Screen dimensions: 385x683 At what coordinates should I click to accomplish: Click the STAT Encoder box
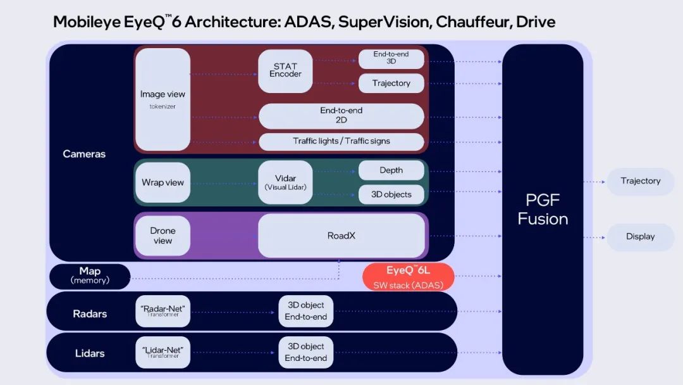click(285, 70)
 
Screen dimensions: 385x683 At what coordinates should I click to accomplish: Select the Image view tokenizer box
click(163, 99)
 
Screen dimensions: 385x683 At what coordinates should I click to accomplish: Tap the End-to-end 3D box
click(391, 58)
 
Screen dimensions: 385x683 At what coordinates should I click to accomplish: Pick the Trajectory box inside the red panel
click(391, 83)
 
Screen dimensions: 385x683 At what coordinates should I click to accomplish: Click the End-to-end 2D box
click(341, 115)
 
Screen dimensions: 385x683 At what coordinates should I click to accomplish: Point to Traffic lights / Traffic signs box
click(341, 141)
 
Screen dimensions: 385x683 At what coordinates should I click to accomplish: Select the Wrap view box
click(163, 182)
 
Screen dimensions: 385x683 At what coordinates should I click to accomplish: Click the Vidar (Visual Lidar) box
click(285, 182)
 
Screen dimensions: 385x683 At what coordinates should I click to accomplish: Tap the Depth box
click(391, 170)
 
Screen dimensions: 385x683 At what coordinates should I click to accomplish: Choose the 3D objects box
click(391, 194)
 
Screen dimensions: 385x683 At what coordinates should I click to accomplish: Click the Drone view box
click(163, 236)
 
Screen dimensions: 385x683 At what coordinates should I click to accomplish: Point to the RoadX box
click(341, 236)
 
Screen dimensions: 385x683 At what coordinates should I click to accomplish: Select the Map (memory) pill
click(90, 276)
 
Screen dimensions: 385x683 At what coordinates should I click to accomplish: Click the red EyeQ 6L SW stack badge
click(409, 277)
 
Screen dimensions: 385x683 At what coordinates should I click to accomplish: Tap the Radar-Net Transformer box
click(163, 311)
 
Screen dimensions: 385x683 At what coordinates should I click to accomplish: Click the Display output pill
click(640, 237)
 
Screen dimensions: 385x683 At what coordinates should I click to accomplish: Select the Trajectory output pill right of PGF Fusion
click(640, 181)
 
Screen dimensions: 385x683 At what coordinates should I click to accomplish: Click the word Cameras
click(84, 154)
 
